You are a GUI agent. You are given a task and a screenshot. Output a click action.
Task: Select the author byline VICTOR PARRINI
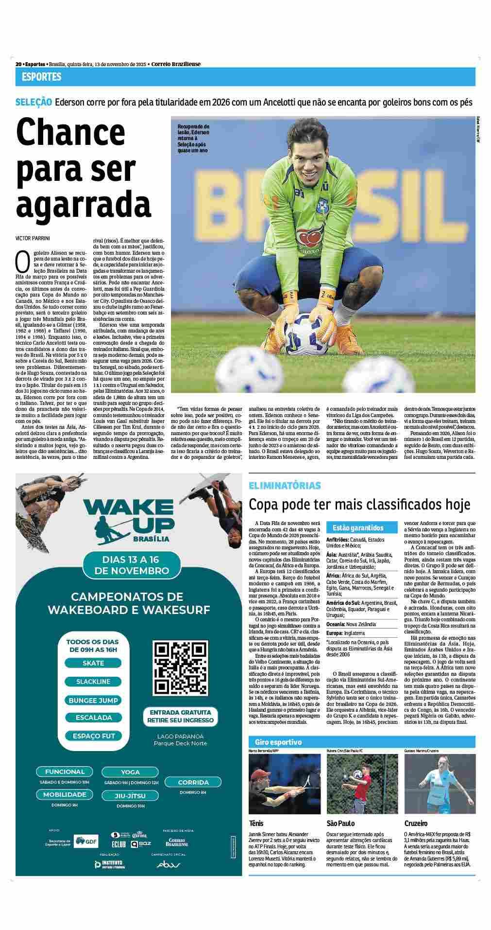coord(33,238)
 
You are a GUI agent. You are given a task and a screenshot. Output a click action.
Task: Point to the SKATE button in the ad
coord(93,663)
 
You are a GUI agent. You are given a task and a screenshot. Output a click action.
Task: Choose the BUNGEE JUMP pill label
coord(93,700)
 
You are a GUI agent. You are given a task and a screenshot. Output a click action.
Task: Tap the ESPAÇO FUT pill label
coord(93,736)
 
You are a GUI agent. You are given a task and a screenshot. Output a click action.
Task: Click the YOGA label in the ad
coord(130,772)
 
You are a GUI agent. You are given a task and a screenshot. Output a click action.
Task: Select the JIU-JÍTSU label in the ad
coord(130,795)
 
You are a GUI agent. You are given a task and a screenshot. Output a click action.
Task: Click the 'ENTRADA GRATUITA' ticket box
coord(181,716)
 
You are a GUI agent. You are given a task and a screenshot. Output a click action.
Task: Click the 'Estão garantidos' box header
coord(358,527)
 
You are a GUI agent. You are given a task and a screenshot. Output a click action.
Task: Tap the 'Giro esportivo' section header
coord(278,742)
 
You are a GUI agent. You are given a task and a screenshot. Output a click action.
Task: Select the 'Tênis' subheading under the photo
coord(258,824)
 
